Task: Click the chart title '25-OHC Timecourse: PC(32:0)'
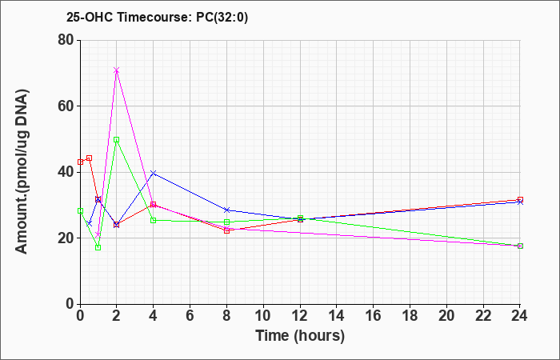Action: pyautogui.click(x=157, y=17)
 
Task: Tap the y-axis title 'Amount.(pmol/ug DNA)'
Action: pyautogui.click(x=22, y=172)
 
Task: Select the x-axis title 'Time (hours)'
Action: pyautogui.click(x=300, y=336)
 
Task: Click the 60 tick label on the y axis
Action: pyautogui.click(x=66, y=106)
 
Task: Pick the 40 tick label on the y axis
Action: pyautogui.click(x=66, y=172)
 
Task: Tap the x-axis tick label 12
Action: pyautogui.click(x=300, y=316)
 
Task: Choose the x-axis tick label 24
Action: pyautogui.click(x=520, y=316)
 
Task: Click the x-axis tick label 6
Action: pyautogui.click(x=190, y=316)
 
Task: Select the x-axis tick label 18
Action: pyautogui.click(x=410, y=316)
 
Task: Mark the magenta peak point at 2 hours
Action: pyautogui.click(x=117, y=70)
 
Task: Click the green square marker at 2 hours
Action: pyautogui.click(x=117, y=140)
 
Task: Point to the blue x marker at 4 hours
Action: pyautogui.click(x=154, y=174)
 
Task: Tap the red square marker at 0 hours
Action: pyautogui.click(x=80, y=162)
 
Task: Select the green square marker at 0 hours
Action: pyautogui.click(x=80, y=210)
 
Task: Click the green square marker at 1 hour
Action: pyautogui.click(x=98, y=247)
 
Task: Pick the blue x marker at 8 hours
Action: pyautogui.click(x=226, y=210)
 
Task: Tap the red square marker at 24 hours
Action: pyautogui.click(x=520, y=200)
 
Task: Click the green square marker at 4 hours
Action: pyautogui.click(x=154, y=220)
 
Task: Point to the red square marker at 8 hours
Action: pyautogui.click(x=226, y=230)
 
